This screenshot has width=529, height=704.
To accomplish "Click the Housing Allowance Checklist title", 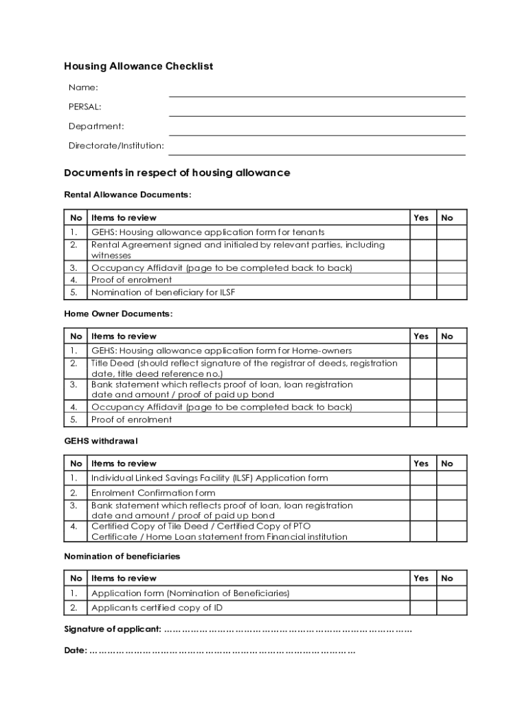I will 138,67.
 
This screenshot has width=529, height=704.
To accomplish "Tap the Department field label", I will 96,126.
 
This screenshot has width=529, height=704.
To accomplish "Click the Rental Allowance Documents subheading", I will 127,195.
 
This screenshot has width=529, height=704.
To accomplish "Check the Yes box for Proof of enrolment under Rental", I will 423,280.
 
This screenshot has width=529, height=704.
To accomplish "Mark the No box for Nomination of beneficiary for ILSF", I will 451,292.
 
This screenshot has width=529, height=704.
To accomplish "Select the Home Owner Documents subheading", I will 118,314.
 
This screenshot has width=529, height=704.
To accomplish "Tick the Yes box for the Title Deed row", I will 423,368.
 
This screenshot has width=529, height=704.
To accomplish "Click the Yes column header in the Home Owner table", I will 421,336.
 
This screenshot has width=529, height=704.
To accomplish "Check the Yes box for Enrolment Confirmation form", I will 423,493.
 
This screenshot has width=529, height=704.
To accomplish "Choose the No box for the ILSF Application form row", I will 451,478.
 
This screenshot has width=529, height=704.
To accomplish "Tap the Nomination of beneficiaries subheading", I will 122,556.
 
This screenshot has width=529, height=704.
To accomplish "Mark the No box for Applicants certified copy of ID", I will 451,608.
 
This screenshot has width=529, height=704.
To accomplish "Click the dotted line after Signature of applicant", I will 288,630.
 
